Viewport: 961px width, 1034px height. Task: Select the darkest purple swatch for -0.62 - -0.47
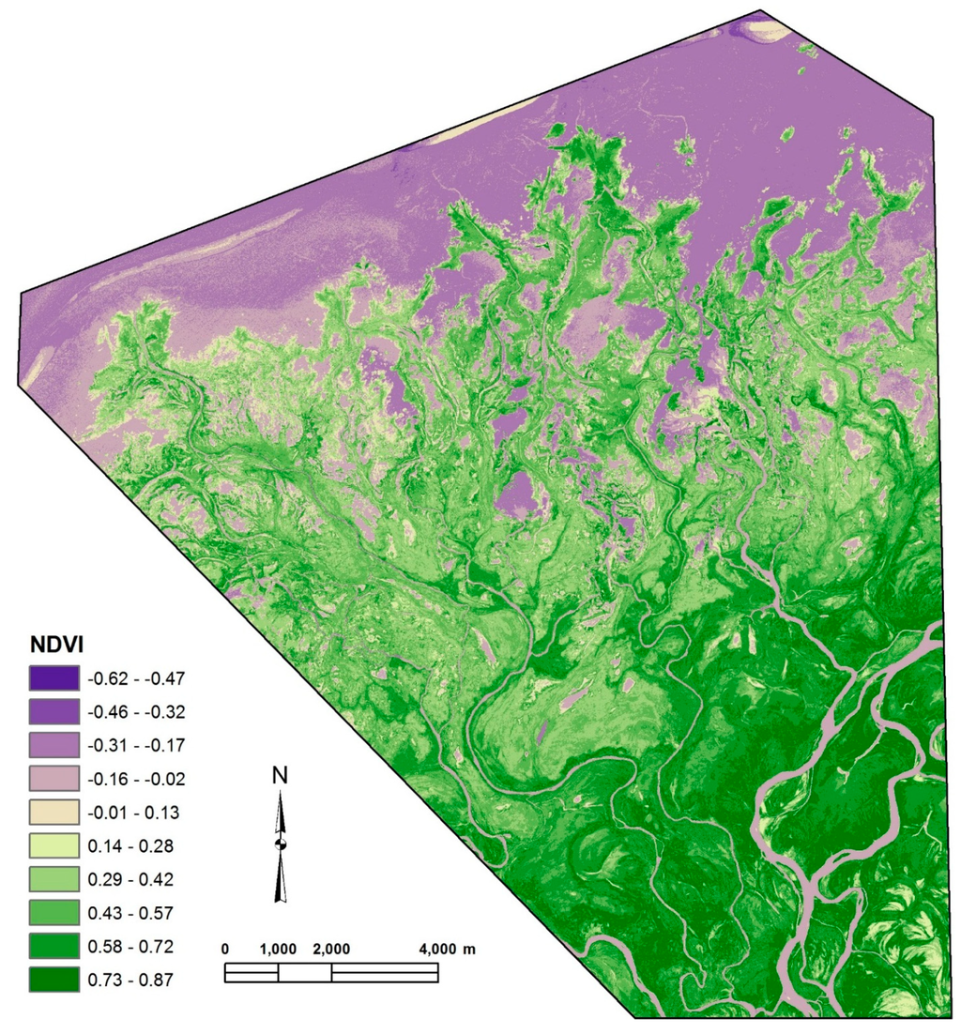coord(53,677)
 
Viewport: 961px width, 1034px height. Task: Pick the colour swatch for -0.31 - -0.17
coord(53,744)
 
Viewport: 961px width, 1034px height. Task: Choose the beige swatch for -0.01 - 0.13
coord(53,812)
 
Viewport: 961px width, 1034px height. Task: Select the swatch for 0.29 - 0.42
coord(53,879)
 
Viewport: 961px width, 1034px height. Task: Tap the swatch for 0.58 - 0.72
coord(53,947)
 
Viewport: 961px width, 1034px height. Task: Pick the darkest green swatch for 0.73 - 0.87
coord(53,981)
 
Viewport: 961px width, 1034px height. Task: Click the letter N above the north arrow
coord(280,775)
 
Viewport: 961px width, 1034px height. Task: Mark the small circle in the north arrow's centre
coord(280,844)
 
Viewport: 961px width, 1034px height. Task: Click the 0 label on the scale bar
coord(225,949)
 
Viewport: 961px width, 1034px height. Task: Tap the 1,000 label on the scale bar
coord(278,949)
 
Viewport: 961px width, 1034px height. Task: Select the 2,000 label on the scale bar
coord(331,949)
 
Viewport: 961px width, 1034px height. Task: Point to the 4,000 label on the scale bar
coord(437,949)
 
